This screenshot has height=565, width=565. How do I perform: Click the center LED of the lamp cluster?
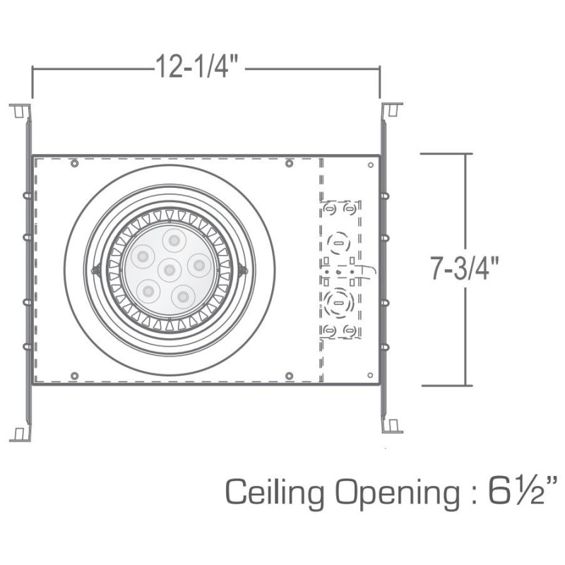point(169,269)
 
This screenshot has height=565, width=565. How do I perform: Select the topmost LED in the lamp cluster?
point(172,239)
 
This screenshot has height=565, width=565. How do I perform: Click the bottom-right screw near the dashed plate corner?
point(289,374)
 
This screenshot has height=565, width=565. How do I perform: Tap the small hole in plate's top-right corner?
point(371,165)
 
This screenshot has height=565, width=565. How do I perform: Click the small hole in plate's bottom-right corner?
point(371,374)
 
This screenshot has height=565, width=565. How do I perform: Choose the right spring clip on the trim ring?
point(243,269)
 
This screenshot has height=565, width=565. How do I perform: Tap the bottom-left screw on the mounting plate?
point(74,374)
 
